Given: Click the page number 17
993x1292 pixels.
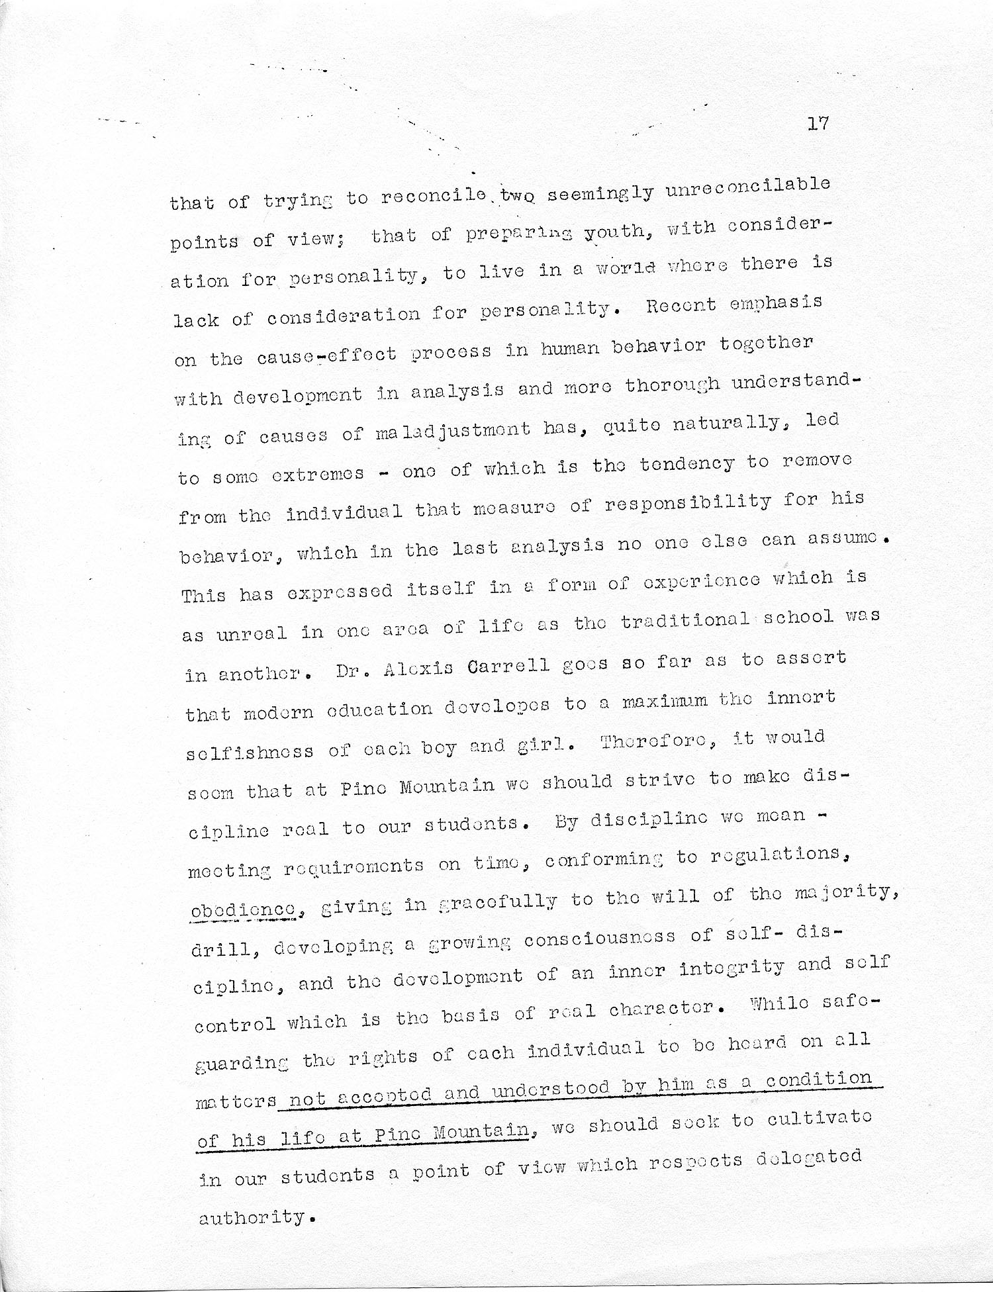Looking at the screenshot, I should (818, 124).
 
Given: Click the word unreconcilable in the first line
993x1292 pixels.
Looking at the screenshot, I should (747, 187).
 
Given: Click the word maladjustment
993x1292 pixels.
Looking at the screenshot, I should (453, 432).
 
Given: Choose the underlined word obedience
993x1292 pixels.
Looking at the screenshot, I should (243, 911).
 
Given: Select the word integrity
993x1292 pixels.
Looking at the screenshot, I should (732, 969).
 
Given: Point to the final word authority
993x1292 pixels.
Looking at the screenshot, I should (251, 1217).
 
